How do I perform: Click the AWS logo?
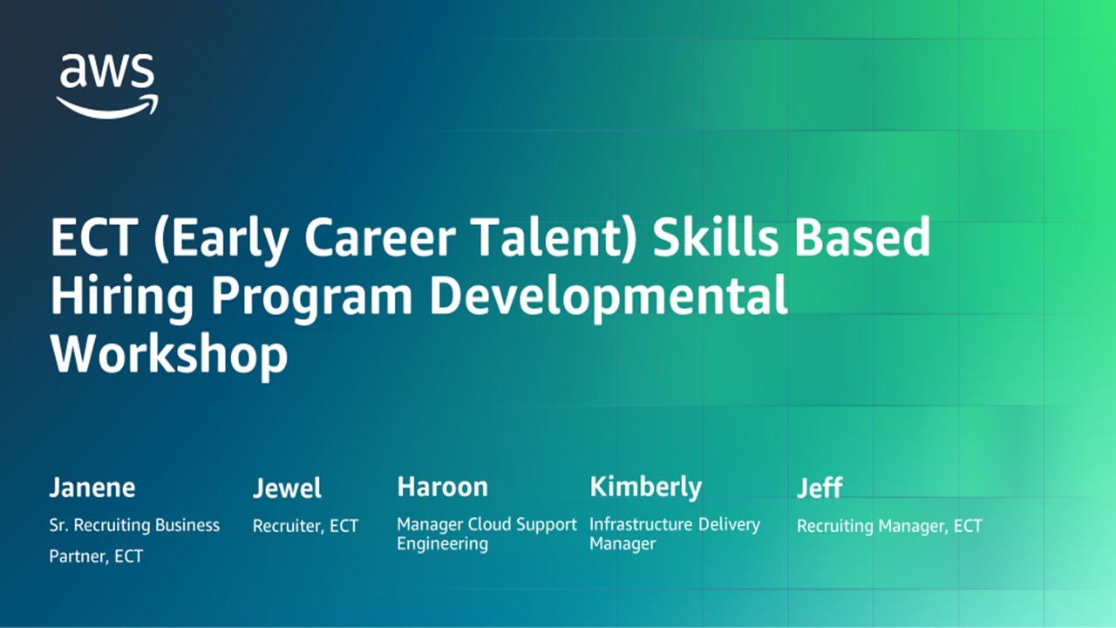[107, 85]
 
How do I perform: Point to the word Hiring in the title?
[123, 297]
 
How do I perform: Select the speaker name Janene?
[92, 487]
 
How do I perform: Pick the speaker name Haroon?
[442, 487]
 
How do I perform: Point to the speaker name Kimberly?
[645, 488]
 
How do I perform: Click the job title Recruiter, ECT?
[305, 526]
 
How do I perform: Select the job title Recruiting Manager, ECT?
[889, 526]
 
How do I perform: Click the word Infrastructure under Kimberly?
[641, 525]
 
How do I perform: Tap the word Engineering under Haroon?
[442, 544]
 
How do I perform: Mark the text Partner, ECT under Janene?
[96, 556]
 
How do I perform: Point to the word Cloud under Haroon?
[491, 525]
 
